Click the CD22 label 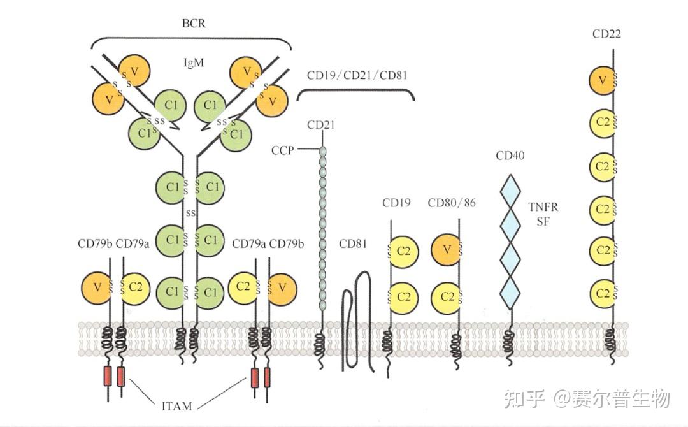606,34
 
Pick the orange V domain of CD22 601,80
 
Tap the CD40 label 510,156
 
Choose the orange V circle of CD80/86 447,249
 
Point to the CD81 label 353,244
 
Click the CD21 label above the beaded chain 320,124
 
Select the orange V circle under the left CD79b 97,287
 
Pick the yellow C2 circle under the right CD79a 243,287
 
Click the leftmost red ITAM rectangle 108,377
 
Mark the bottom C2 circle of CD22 602,293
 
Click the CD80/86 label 451,203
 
